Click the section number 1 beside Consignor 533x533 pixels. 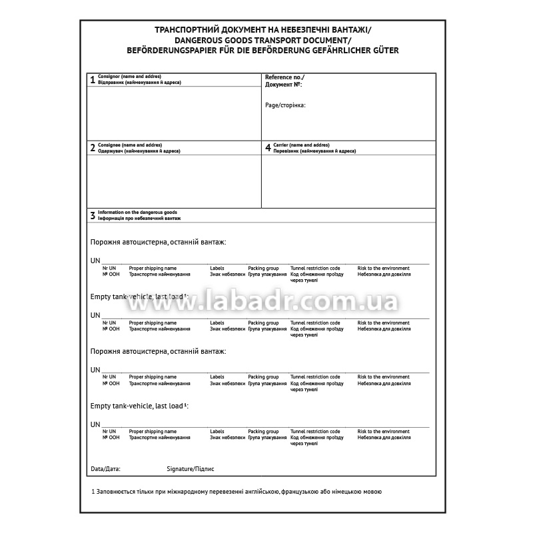[x=93, y=81]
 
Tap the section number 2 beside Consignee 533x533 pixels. [x=93, y=149]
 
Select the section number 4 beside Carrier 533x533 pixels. [x=268, y=148]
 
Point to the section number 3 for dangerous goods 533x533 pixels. [x=93, y=216]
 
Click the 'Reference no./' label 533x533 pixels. [x=284, y=77]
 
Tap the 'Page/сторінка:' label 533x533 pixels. [x=285, y=105]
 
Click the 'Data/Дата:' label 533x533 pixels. [x=105, y=469]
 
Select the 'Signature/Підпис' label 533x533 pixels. [x=191, y=469]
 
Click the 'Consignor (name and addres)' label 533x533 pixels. [x=129, y=77]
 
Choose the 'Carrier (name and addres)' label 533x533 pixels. [x=301, y=145]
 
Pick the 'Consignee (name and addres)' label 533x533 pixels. [x=130, y=145]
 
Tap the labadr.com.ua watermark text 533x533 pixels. [x=263, y=303]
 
